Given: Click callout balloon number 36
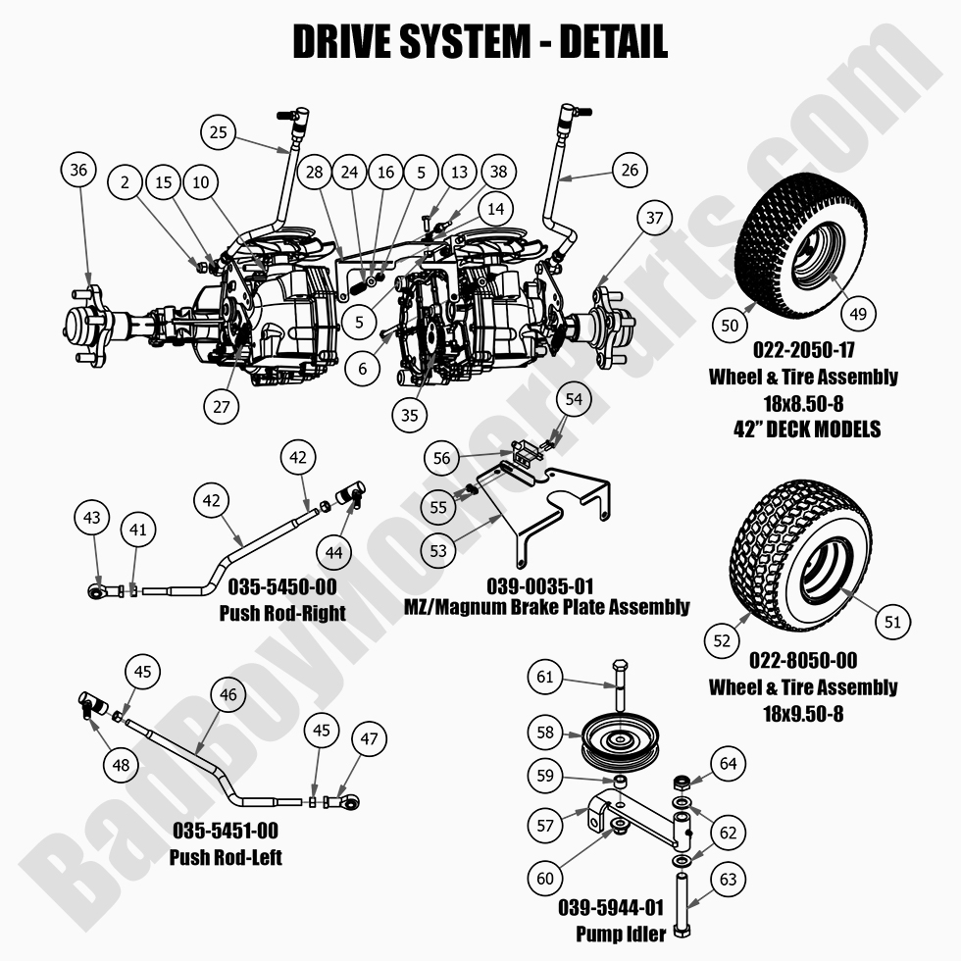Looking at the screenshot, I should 79,170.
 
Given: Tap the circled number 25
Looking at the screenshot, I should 220,130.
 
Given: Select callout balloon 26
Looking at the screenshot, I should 630,170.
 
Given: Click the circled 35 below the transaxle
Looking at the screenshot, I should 410,414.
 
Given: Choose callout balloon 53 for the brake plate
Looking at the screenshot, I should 438,550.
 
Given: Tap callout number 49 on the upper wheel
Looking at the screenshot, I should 858,313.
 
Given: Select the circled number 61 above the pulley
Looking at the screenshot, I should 547,676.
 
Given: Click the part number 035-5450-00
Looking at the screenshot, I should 282,586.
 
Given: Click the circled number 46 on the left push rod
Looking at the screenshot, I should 228,695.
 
